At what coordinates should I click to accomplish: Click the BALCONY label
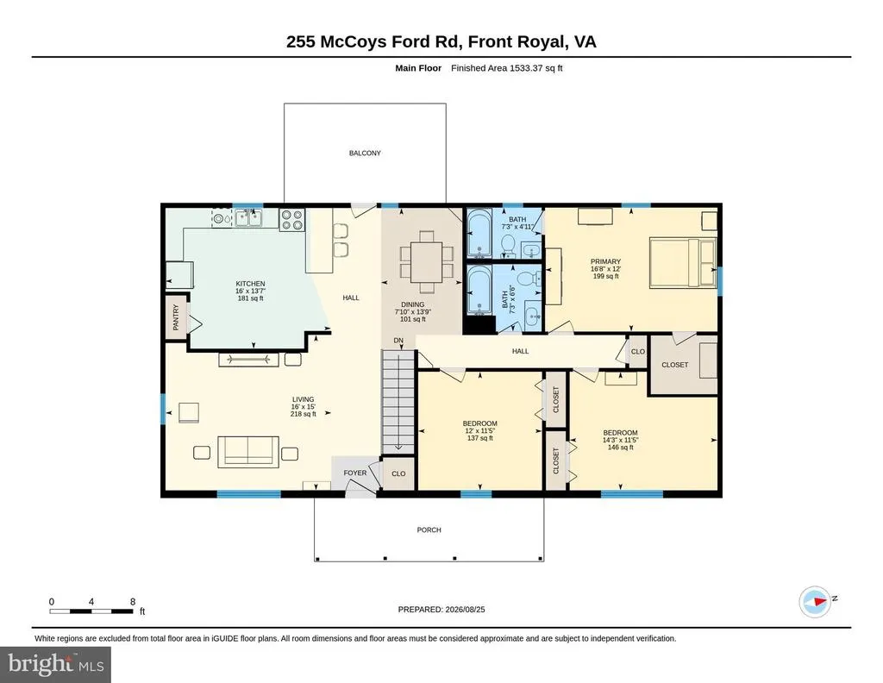(365, 154)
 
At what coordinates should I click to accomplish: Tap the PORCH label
(429, 529)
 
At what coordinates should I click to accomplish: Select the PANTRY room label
(176, 317)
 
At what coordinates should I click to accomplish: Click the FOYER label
(354, 473)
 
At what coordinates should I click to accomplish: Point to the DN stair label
(398, 341)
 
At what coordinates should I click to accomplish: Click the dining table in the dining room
(427, 262)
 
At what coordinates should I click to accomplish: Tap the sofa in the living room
(248, 452)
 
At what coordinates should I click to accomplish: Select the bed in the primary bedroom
(683, 262)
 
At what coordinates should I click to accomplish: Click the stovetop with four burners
(291, 220)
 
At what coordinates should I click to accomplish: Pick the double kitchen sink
(249, 218)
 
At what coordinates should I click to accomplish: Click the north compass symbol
(816, 601)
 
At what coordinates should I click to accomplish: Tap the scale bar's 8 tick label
(133, 602)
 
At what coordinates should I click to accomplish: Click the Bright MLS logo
(56, 664)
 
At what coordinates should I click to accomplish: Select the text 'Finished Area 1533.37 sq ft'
(507, 68)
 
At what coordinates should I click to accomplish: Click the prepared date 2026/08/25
(465, 609)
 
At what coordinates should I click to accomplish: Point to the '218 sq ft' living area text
(303, 414)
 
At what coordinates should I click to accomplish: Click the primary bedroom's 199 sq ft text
(606, 277)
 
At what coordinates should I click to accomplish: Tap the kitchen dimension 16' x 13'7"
(250, 291)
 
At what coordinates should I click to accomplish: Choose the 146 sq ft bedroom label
(621, 448)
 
